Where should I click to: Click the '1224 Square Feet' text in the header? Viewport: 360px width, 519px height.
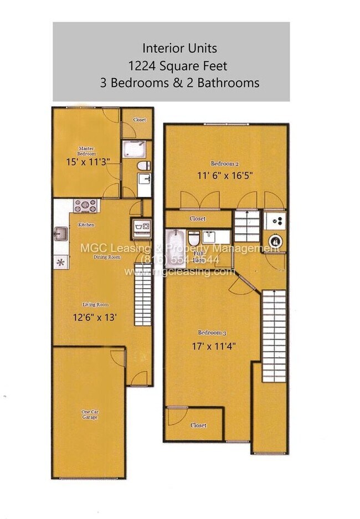(x=177, y=66)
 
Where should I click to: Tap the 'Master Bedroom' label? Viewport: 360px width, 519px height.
(x=86, y=151)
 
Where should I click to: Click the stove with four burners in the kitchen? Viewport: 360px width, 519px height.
(x=86, y=205)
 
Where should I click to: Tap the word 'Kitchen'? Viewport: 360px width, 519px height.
(x=86, y=225)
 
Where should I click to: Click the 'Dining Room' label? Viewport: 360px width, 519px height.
(x=107, y=257)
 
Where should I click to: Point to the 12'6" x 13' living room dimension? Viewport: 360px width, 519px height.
(x=96, y=318)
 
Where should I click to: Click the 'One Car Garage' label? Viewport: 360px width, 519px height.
(x=89, y=414)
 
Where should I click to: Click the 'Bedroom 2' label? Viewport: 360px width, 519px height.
(x=225, y=163)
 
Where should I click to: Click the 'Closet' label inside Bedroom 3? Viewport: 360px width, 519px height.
(x=198, y=425)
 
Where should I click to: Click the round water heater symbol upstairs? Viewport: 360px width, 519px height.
(x=275, y=241)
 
